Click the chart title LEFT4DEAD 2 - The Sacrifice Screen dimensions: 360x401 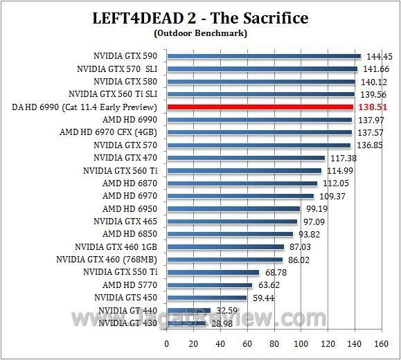pos(200,17)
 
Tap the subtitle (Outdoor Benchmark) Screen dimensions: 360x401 pos(200,33)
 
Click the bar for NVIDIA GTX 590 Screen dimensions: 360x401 pos(264,56)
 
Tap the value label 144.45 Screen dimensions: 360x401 pos(380,56)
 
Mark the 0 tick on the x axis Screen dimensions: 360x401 pos(167,343)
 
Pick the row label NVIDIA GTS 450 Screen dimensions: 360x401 pos(130,297)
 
